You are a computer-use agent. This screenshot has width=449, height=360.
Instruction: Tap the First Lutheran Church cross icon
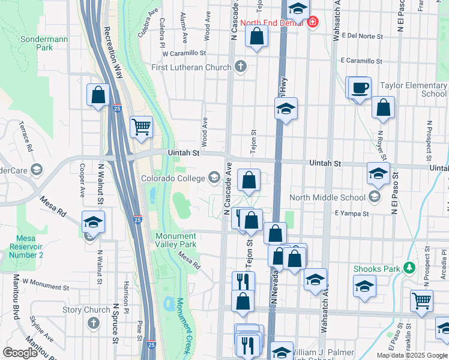click(241, 67)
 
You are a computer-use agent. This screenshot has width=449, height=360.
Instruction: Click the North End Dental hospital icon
click(312, 23)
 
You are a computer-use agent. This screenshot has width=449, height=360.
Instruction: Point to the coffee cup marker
click(360, 88)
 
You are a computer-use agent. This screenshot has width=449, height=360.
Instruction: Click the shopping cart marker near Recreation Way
click(142, 127)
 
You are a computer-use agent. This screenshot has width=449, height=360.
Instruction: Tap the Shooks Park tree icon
click(410, 268)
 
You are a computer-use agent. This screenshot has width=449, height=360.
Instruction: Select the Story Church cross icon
click(93, 323)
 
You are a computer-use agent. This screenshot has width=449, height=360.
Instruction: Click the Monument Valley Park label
click(176, 240)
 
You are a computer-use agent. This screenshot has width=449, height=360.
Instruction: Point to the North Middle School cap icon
click(375, 196)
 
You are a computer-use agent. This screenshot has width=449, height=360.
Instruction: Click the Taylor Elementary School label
click(414, 89)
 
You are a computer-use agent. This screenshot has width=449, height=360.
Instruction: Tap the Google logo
click(20, 353)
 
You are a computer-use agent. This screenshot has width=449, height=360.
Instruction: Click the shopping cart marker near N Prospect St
click(421, 301)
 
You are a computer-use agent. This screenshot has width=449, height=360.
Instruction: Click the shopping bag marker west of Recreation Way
click(98, 95)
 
